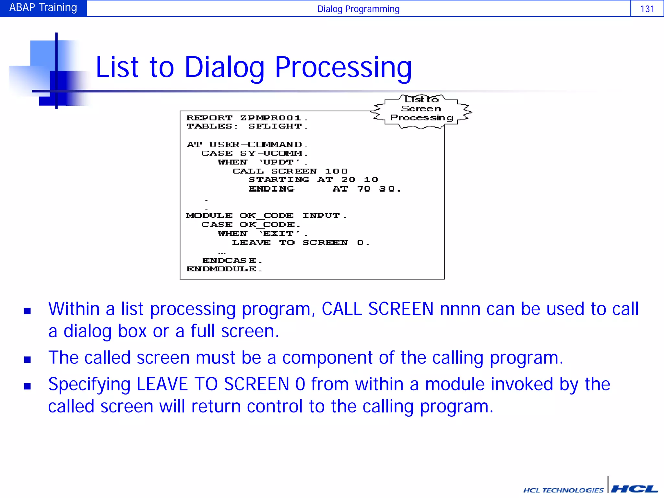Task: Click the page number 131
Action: coord(647,8)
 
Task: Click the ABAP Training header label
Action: coord(43,7)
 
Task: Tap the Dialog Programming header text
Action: coord(358,9)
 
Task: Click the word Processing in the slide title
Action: coord(343,67)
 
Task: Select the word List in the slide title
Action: coord(117,67)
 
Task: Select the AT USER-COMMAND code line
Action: coord(247,144)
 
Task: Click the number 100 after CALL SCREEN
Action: coord(336,171)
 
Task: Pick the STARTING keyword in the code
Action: coord(279,180)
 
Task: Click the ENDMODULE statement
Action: coord(224,269)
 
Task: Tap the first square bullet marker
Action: coord(28,311)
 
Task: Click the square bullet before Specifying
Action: coord(28,386)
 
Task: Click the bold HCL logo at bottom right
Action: coord(634,488)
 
